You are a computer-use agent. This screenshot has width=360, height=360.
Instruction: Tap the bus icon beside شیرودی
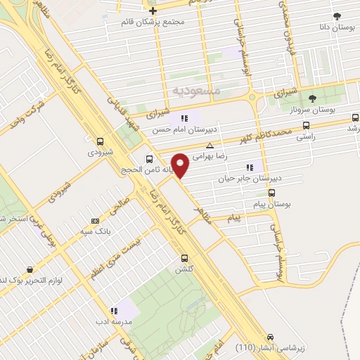coord(100,141)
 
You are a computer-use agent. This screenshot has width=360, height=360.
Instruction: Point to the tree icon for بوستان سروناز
coord(313,98)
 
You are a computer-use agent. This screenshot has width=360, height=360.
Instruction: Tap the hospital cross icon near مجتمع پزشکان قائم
coord(153,11)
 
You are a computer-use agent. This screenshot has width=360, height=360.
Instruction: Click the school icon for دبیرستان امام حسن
coord(184,118)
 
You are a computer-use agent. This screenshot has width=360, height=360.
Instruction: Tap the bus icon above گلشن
coord(185,258)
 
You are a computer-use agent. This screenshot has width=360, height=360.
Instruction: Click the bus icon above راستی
coord(305,126)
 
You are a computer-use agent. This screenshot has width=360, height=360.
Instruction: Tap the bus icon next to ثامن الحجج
coord(149,159)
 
